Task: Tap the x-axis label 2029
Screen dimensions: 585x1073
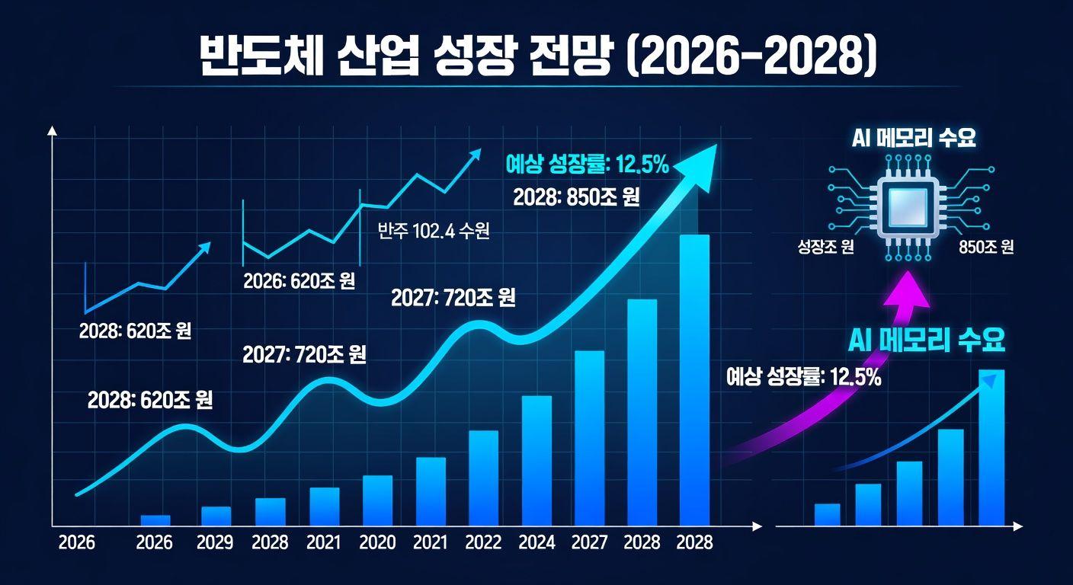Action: click(x=215, y=542)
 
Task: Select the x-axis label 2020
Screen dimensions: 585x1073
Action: click(x=377, y=542)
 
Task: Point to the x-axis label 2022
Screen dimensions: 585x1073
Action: click(x=484, y=542)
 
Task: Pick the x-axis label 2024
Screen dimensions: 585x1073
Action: click(x=537, y=542)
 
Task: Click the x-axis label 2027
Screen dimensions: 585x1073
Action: click(x=590, y=542)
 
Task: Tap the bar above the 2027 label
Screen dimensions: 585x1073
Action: click(x=589, y=438)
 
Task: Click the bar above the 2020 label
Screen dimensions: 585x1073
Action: click(x=377, y=500)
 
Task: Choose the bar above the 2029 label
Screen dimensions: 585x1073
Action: click(x=216, y=516)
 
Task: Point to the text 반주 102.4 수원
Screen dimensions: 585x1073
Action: click(x=434, y=232)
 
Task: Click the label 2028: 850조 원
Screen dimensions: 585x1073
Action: click(x=576, y=198)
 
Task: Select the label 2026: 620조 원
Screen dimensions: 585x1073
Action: click(x=299, y=281)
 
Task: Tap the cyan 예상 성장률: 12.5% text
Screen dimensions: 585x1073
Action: click(x=587, y=164)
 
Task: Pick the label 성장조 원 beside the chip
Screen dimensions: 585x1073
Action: click(x=825, y=248)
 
